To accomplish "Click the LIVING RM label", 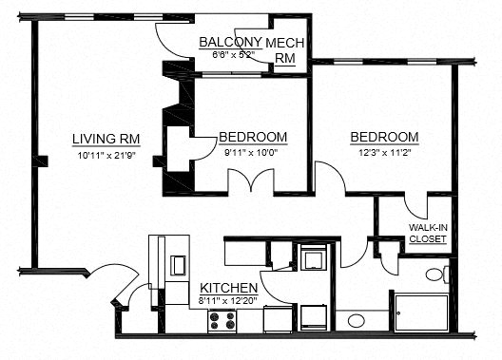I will click(x=105, y=140).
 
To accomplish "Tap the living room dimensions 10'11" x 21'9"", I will click(x=105, y=155).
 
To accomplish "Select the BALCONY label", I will click(x=229, y=43).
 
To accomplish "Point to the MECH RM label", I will click(x=284, y=50).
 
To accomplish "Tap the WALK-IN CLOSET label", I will click(x=428, y=234).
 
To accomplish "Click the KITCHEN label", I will click(x=228, y=288).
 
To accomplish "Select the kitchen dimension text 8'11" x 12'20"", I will click(x=228, y=301).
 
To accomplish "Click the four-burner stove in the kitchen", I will click(x=223, y=321).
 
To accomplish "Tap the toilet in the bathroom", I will click(x=434, y=275).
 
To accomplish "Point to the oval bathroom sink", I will click(x=357, y=321).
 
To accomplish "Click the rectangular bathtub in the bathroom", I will click(x=420, y=313).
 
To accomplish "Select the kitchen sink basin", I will click(x=178, y=264).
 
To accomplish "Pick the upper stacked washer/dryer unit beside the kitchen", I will click(x=313, y=258).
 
